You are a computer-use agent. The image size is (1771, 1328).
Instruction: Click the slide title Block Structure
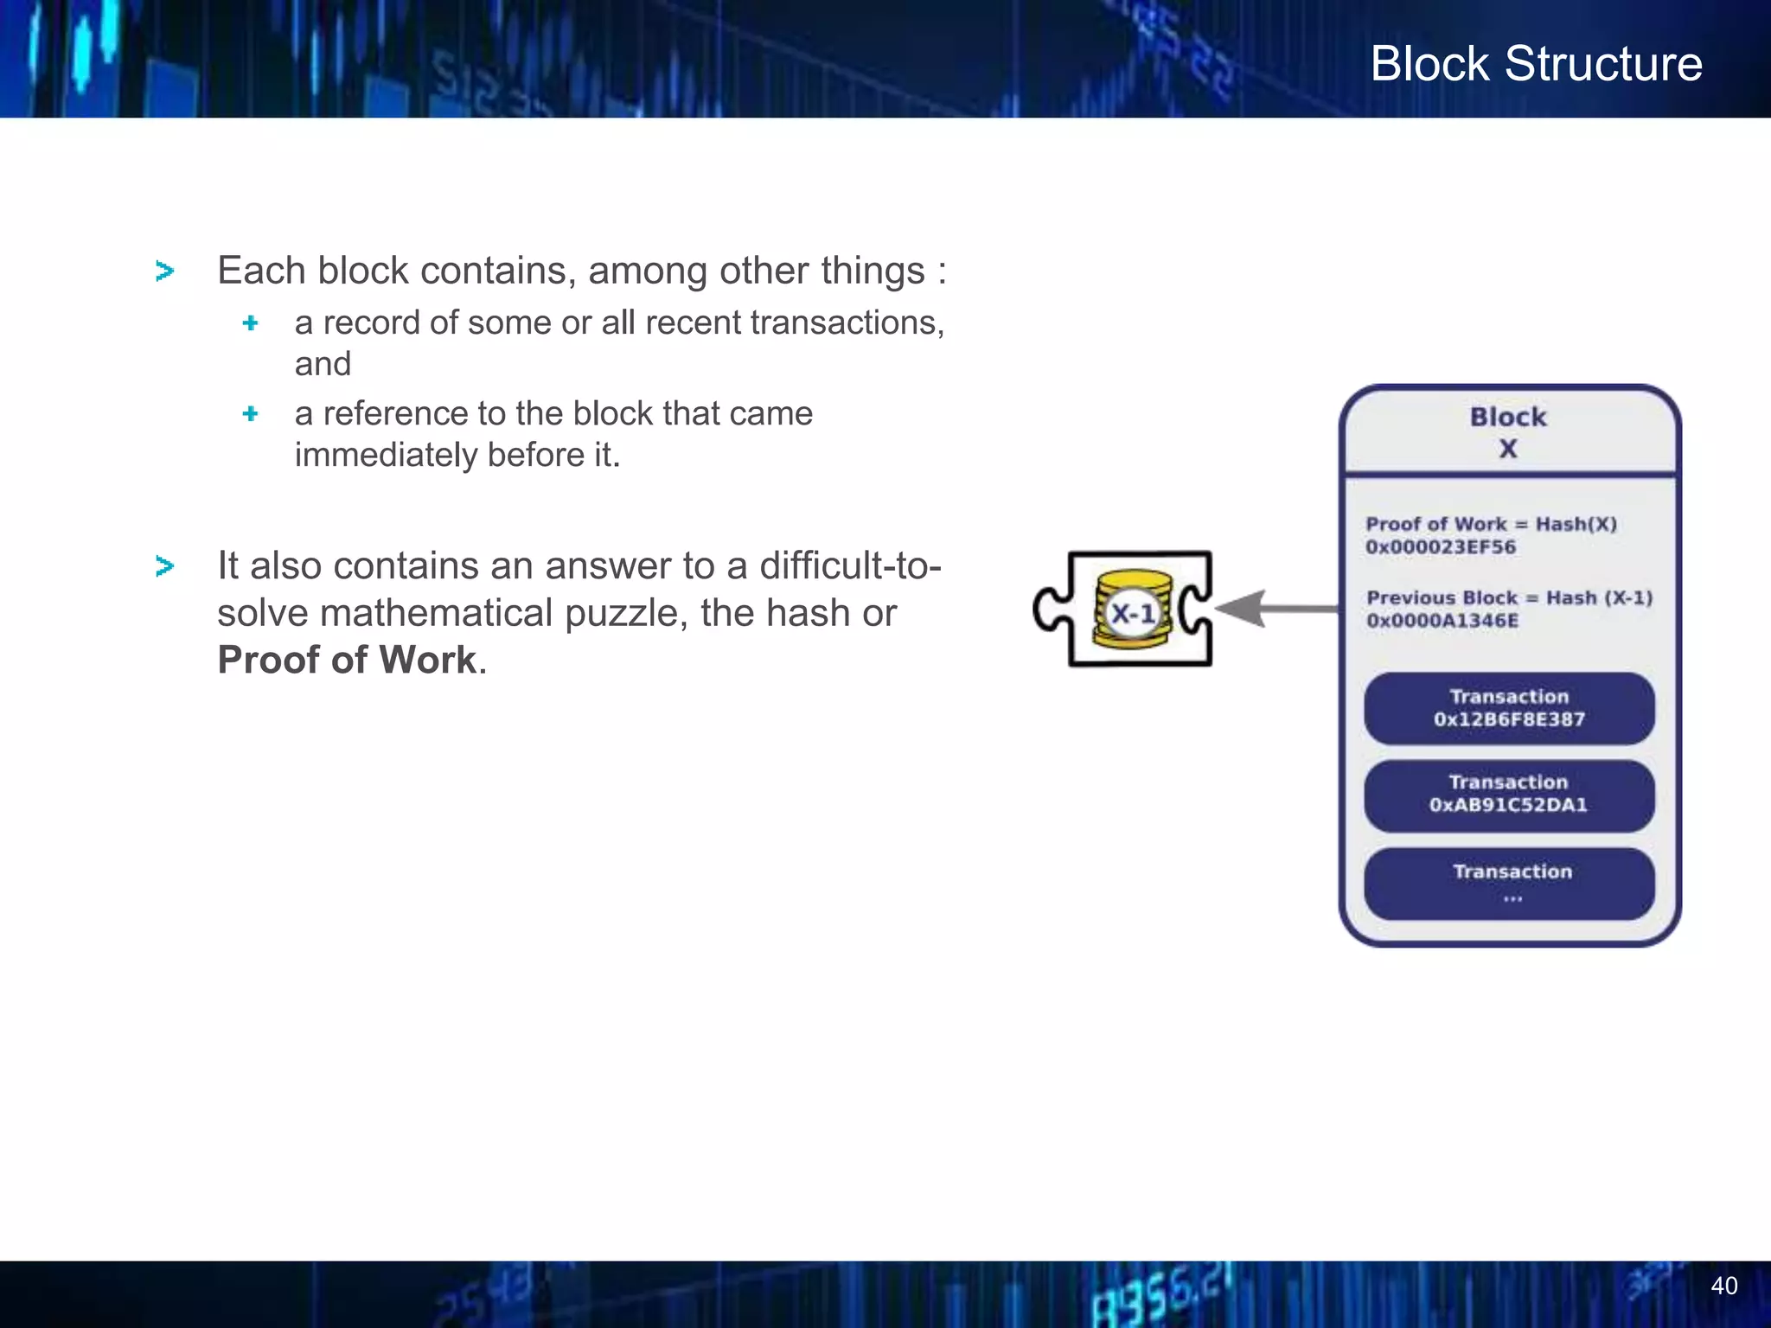tap(1536, 64)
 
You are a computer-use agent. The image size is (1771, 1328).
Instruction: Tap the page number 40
tap(1723, 1286)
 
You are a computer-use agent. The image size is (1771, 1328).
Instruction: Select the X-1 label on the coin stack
tap(1133, 614)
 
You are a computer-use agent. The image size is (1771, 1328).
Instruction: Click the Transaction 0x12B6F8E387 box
tap(1509, 708)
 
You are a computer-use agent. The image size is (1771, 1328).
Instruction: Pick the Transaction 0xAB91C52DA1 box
tap(1509, 795)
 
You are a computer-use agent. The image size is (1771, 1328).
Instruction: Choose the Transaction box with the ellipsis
tap(1509, 883)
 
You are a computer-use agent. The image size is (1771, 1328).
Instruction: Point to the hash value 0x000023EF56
tap(1440, 547)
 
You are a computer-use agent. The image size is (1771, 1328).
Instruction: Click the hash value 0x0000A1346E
tap(1442, 621)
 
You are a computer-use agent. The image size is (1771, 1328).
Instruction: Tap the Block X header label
tap(1508, 431)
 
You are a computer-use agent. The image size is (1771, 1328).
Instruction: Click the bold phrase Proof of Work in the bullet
tap(346, 660)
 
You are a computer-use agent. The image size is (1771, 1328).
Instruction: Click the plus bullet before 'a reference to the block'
tap(251, 413)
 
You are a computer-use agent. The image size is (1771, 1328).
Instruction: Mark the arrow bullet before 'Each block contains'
tap(164, 271)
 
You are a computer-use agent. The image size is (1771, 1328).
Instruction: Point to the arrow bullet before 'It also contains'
tap(164, 566)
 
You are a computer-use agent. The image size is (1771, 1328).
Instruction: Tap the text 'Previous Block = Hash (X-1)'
tap(1509, 597)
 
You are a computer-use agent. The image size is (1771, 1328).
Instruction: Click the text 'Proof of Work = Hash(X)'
tap(1491, 524)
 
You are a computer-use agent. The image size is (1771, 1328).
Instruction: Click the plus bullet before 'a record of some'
tap(251, 322)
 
